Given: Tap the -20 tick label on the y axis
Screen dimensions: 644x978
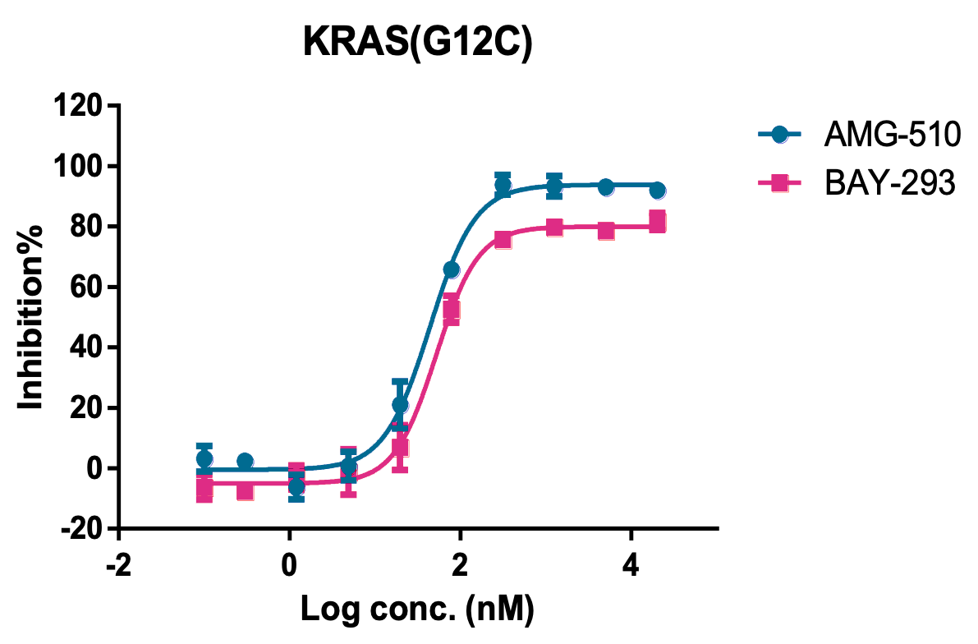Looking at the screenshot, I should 83,529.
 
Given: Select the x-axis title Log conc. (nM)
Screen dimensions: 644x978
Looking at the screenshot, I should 418,609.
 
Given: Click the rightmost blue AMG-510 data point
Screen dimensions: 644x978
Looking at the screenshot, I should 657,191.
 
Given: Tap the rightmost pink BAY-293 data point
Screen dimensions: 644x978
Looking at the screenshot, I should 657,221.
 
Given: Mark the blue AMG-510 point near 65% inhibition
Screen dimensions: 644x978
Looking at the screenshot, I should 451,269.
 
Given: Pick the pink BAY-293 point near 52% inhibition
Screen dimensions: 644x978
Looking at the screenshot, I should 451,310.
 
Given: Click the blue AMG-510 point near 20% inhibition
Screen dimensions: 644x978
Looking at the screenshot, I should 400,405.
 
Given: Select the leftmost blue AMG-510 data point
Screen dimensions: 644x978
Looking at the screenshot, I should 204,459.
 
